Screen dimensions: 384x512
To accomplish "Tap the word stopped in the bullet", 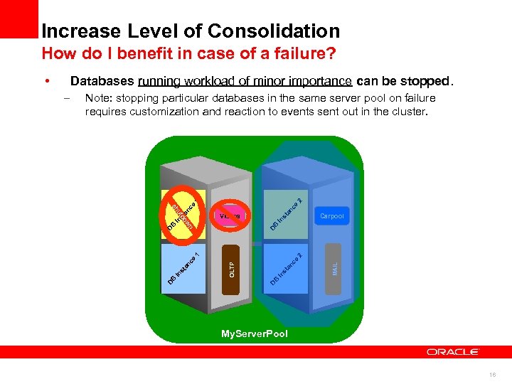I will click(424, 81).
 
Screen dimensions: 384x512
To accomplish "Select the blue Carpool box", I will click(332, 215).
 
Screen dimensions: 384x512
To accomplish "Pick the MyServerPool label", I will click(255, 334).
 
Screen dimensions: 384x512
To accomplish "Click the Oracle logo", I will click(453, 352).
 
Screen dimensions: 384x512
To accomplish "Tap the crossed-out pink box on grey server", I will click(230, 215).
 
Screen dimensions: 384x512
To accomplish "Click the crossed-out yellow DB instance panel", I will click(184, 211).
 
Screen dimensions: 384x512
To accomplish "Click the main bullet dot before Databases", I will click(46, 81).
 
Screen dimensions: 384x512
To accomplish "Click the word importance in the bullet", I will click(319, 81).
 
